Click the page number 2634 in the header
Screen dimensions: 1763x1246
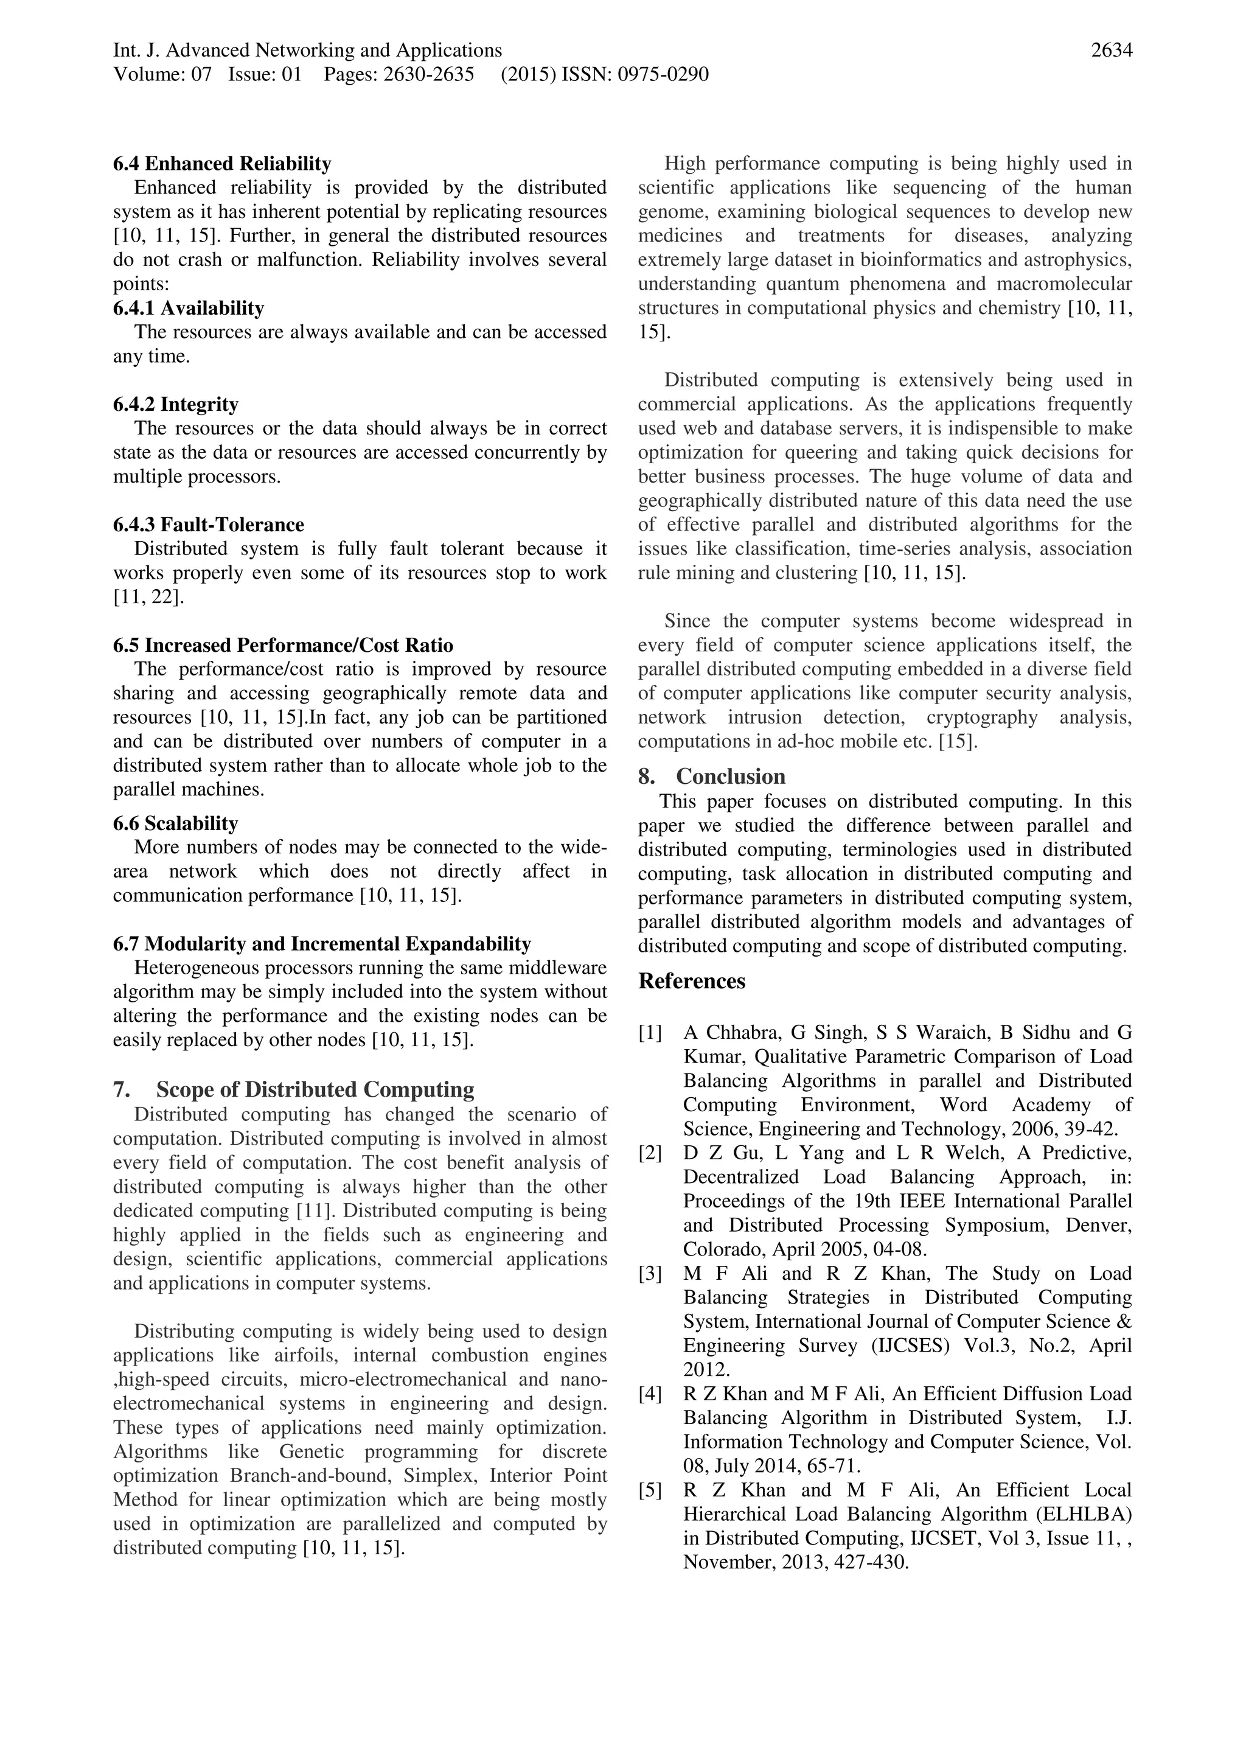[1111, 51]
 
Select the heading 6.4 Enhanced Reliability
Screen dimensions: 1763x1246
[222, 164]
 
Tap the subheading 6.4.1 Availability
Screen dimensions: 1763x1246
[188, 308]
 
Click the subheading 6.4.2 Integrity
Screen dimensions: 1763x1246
[175, 404]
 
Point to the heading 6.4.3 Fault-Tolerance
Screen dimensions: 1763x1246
[208, 525]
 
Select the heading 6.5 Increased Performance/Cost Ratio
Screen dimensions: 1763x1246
[282, 645]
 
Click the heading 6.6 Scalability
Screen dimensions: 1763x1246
[175, 823]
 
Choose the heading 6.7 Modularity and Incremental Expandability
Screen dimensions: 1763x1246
[322, 944]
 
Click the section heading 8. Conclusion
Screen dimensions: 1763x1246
[712, 777]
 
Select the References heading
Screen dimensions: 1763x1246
[691, 982]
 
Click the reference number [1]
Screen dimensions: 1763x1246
[650, 1033]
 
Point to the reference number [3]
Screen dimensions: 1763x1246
[650, 1274]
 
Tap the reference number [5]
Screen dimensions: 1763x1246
[650, 1490]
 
